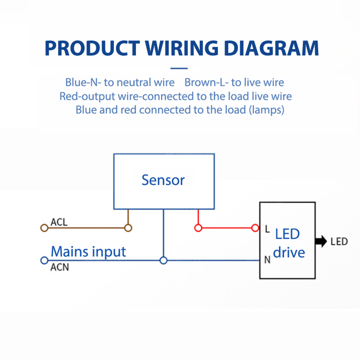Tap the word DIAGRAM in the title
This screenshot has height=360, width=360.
tap(271, 48)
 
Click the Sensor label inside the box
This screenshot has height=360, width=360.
tap(163, 180)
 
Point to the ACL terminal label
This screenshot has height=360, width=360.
tap(59, 222)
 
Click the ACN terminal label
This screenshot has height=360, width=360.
tap(59, 268)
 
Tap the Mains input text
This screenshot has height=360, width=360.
tap(88, 251)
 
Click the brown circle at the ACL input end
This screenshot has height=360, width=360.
tap(44, 228)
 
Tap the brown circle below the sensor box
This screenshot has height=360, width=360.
tap(128, 228)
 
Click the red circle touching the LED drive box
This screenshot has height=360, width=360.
tap(255, 228)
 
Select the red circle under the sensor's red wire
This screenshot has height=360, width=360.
tap(198, 228)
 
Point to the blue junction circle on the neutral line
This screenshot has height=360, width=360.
tap(163, 260)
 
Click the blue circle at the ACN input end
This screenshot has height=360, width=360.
tap(44, 260)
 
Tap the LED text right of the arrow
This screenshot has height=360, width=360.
tap(339, 241)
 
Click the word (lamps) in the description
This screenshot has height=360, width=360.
tap(266, 110)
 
